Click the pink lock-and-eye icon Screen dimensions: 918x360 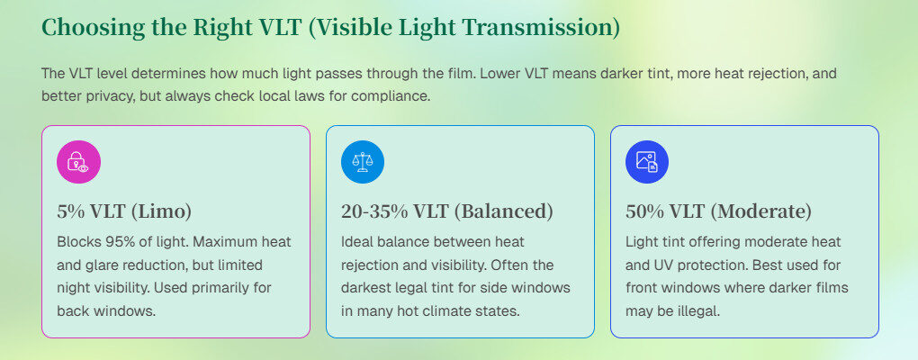tap(78, 162)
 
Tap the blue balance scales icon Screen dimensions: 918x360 tap(363, 162)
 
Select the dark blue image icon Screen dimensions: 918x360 tap(647, 162)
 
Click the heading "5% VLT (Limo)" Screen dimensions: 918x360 tap(124, 211)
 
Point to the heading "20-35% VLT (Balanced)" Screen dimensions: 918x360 tap(446, 211)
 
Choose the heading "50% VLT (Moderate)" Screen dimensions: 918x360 tap(718, 211)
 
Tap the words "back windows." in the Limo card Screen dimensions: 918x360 tap(106, 310)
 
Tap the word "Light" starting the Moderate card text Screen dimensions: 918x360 tap(639, 241)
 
